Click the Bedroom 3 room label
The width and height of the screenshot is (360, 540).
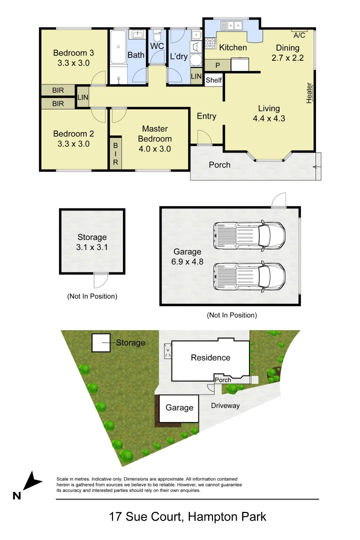pos(74,52)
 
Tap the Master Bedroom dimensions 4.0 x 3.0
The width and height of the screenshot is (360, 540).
pos(154,148)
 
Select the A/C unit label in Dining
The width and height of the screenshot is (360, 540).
pos(299,35)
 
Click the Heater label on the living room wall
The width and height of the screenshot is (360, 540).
pos(309,93)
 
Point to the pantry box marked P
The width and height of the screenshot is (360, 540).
pos(217,65)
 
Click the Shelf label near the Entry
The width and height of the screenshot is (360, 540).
pos(213,80)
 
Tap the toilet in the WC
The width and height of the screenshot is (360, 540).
pos(157,37)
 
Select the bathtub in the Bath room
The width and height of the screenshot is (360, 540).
pos(118,55)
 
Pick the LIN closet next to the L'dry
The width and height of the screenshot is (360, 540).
pos(196,76)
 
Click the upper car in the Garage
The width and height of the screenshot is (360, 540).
pos(249,235)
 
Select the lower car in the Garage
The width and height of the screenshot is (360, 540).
pos(249,277)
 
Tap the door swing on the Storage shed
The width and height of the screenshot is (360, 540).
pos(100,280)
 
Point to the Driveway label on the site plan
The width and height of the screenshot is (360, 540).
pos(225,405)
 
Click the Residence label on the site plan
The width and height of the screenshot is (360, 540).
pos(210,357)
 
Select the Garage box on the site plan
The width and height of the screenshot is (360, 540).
pos(179,408)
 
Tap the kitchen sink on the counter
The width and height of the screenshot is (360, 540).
pos(231,24)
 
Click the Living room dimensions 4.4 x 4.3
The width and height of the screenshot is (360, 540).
pos(269,118)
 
